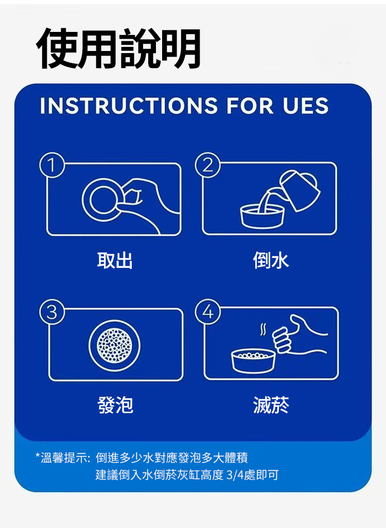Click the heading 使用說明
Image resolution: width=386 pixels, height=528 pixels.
(119, 48)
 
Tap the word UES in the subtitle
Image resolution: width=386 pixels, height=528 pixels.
(305, 106)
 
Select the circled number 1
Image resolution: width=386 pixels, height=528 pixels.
(52, 165)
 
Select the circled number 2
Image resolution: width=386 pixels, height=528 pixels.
(207, 165)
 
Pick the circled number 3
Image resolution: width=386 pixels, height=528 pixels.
(52, 312)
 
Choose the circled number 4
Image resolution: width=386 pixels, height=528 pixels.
(207, 312)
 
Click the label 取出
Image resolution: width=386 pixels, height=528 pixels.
(115, 260)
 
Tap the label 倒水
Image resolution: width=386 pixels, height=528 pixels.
(271, 260)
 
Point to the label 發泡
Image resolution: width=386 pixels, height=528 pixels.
(115, 405)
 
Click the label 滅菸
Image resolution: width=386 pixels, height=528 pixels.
(271, 405)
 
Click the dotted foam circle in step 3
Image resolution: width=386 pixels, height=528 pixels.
(114, 346)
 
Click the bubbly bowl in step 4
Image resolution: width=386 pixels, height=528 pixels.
(253, 361)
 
